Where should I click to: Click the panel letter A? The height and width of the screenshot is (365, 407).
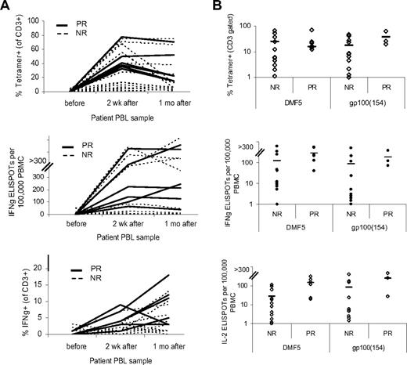click(x=6, y=6)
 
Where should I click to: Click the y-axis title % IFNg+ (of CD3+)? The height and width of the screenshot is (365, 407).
click(x=12, y=301)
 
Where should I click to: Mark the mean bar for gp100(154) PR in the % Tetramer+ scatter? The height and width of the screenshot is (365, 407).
click(x=385, y=37)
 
